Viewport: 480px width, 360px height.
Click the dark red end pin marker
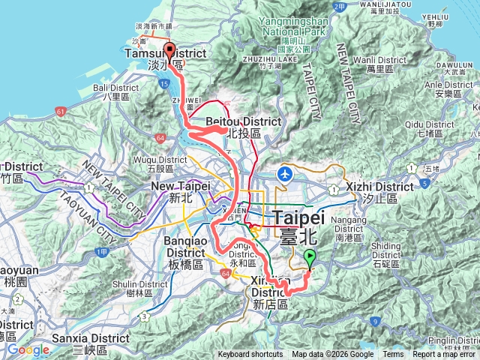(x=169, y=52)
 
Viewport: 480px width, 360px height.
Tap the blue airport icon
(x=285, y=174)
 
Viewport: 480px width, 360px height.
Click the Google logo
(x=28, y=349)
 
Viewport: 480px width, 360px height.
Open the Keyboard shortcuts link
(x=250, y=355)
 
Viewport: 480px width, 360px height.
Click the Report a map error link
(x=444, y=355)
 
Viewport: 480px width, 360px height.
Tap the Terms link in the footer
(x=393, y=355)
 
